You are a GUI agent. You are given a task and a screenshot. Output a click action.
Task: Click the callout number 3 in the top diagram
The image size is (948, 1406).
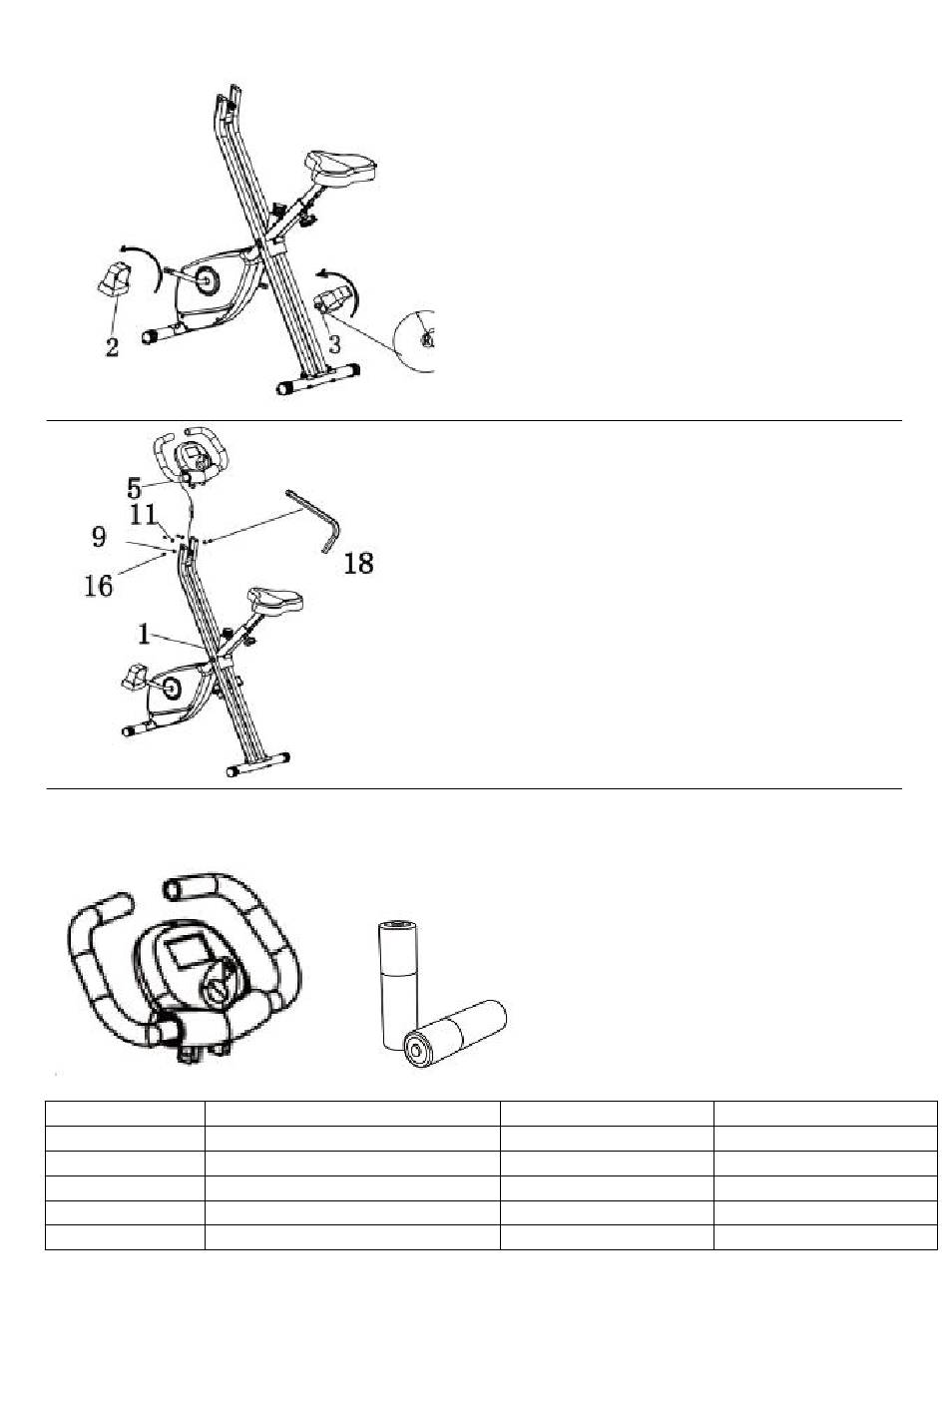pos(336,344)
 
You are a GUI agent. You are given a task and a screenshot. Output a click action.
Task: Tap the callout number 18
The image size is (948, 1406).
pos(358,564)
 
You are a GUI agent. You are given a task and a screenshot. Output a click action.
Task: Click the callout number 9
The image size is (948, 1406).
pos(99,538)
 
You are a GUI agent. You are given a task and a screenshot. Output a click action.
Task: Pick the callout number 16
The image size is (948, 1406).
pos(99,585)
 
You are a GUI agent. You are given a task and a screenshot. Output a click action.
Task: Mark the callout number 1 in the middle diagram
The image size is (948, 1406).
pos(145,632)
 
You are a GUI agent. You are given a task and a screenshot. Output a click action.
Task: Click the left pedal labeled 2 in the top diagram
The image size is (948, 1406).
pos(115,276)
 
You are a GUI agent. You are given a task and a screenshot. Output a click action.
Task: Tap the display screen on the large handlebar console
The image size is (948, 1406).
pos(185,950)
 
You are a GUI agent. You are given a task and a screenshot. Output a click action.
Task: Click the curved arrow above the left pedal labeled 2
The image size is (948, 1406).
pos(140,257)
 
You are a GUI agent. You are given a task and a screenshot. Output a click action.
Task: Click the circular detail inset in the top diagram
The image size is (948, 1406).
pos(419,340)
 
